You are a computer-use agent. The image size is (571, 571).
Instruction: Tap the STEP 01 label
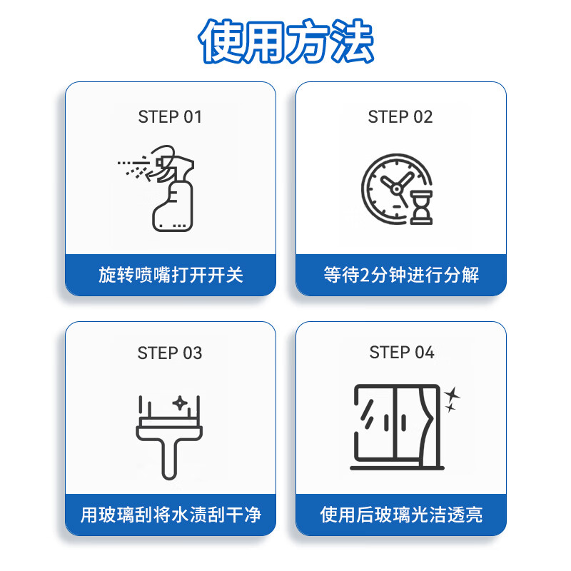pyautogui.click(x=170, y=117)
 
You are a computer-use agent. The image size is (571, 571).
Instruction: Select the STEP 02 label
pyautogui.click(x=400, y=117)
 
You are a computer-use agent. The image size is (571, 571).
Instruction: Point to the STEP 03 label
pyautogui.click(x=170, y=353)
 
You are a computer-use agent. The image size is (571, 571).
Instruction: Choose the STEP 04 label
pyautogui.click(x=402, y=353)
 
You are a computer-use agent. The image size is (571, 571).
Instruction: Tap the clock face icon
pyautogui.click(x=389, y=187)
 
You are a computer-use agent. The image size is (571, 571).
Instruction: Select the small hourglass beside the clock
pyautogui.click(x=421, y=207)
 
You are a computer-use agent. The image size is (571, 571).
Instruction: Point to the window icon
pyautogui.click(x=397, y=427)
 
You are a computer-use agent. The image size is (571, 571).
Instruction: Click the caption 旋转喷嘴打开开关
pyautogui.click(x=171, y=275)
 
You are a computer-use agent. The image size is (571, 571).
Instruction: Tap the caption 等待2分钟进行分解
pyautogui.click(x=401, y=275)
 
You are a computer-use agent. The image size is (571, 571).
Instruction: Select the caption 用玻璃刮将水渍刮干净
pyautogui.click(x=171, y=515)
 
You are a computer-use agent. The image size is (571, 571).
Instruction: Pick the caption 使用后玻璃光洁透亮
pyautogui.click(x=401, y=515)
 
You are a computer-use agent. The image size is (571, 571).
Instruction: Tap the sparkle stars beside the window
pyautogui.click(x=451, y=400)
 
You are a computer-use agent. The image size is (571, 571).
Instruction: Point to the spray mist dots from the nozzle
pyautogui.click(x=131, y=167)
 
